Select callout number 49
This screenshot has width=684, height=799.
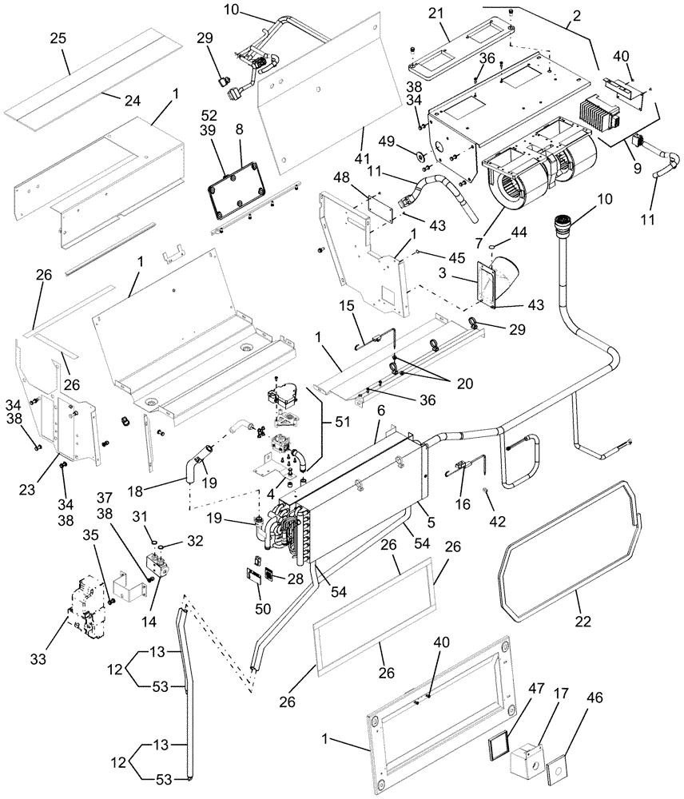coord(408,140)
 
